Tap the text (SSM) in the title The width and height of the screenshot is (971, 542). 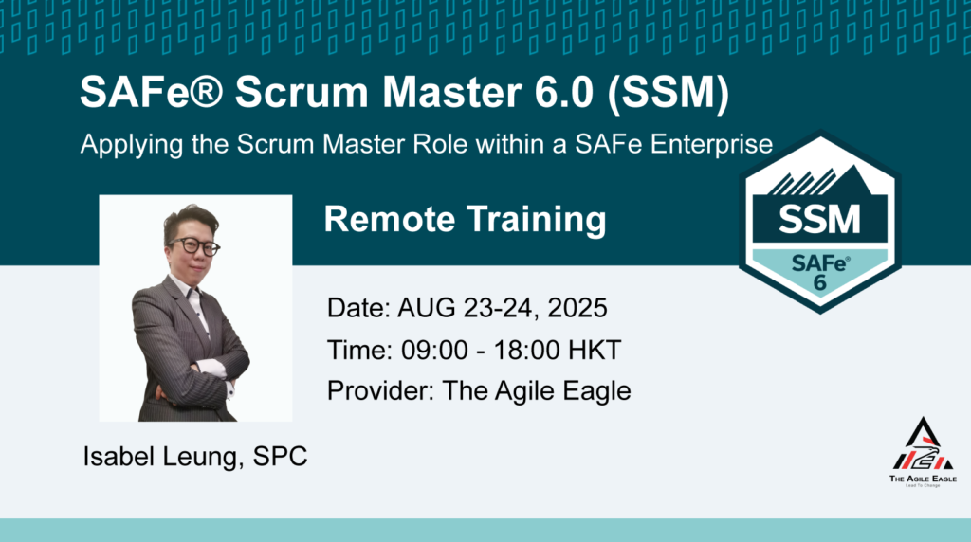coord(669,93)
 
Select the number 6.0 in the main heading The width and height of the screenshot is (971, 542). coord(564,92)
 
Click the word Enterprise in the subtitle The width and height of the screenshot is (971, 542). coord(711,145)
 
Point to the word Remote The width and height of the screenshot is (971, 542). coord(390,219)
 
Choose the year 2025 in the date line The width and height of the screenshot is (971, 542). coord(577,308)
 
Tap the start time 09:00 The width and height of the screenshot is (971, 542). coord(434,351)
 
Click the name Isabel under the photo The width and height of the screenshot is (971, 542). coord(119,456)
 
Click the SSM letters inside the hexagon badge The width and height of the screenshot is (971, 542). coord(819,219)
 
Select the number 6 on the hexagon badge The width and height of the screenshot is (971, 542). coord(820,282)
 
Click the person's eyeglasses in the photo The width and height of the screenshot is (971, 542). coord(193,246)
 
